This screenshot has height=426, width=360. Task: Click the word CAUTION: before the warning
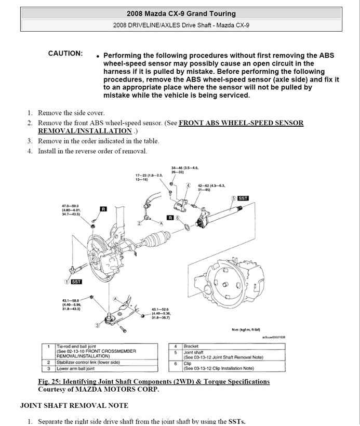tap(65, 54)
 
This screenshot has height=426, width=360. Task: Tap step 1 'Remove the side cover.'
tap(71, 113)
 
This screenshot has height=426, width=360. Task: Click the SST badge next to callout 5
tap(243, 198)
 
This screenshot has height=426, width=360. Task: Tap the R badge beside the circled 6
tap(170, 218)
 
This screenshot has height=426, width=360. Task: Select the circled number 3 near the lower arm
tap(97, 325)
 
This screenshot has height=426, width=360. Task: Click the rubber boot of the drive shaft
tap(156, 241)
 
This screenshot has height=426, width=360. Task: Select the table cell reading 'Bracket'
tap(191, 346)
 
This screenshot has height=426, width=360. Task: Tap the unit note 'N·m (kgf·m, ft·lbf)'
tap(249, 329)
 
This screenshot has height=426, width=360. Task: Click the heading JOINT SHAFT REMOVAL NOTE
tap(74, 405)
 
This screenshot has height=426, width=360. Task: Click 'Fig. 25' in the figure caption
tap(50, 381)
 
